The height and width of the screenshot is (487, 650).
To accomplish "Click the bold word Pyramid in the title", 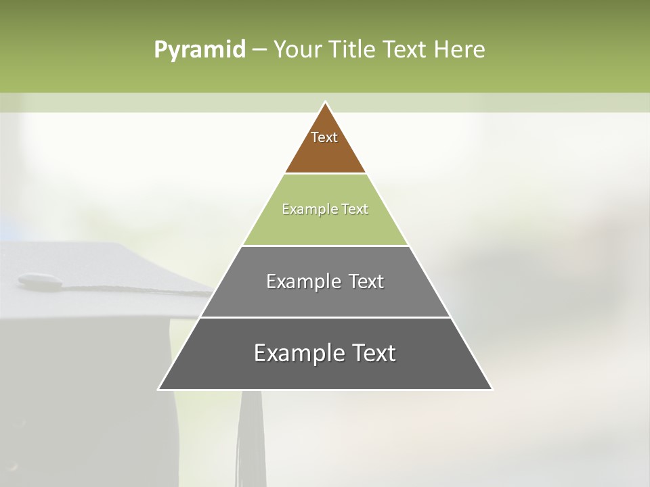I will click(199, 50).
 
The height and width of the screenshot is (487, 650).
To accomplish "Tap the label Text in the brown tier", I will click(324, 137).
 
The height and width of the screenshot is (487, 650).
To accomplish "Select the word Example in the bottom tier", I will click(299, 353).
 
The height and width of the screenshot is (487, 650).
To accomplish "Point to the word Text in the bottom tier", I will click(373, 353).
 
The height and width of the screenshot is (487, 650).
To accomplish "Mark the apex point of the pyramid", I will click(325, 103).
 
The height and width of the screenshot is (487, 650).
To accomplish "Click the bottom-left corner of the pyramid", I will click(159, 389).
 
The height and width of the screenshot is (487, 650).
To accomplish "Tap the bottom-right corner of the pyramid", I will click(492, 389).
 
